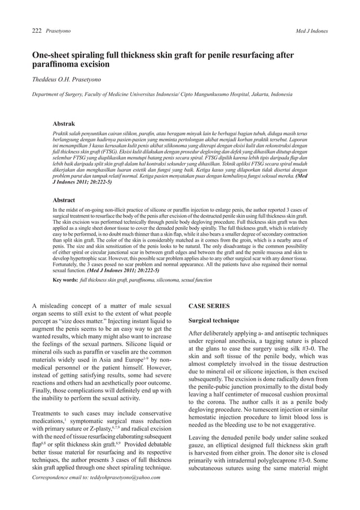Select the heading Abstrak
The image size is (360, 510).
click(x=64, y=123)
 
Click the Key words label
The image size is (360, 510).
click(x=65, y=279)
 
